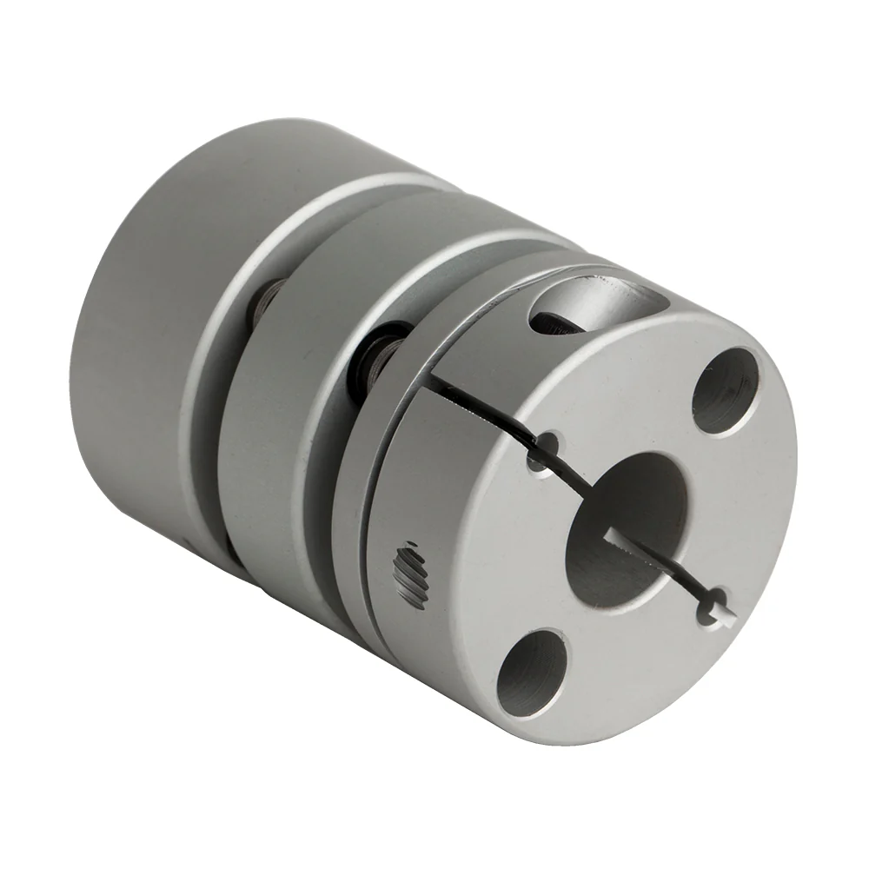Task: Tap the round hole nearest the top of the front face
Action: pos(726,390)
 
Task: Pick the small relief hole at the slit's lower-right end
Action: pos(717,601)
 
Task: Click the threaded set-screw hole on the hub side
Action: pos(411,575)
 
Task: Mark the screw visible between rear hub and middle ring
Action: pos(265,300)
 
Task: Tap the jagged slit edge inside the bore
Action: pos(634,543)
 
